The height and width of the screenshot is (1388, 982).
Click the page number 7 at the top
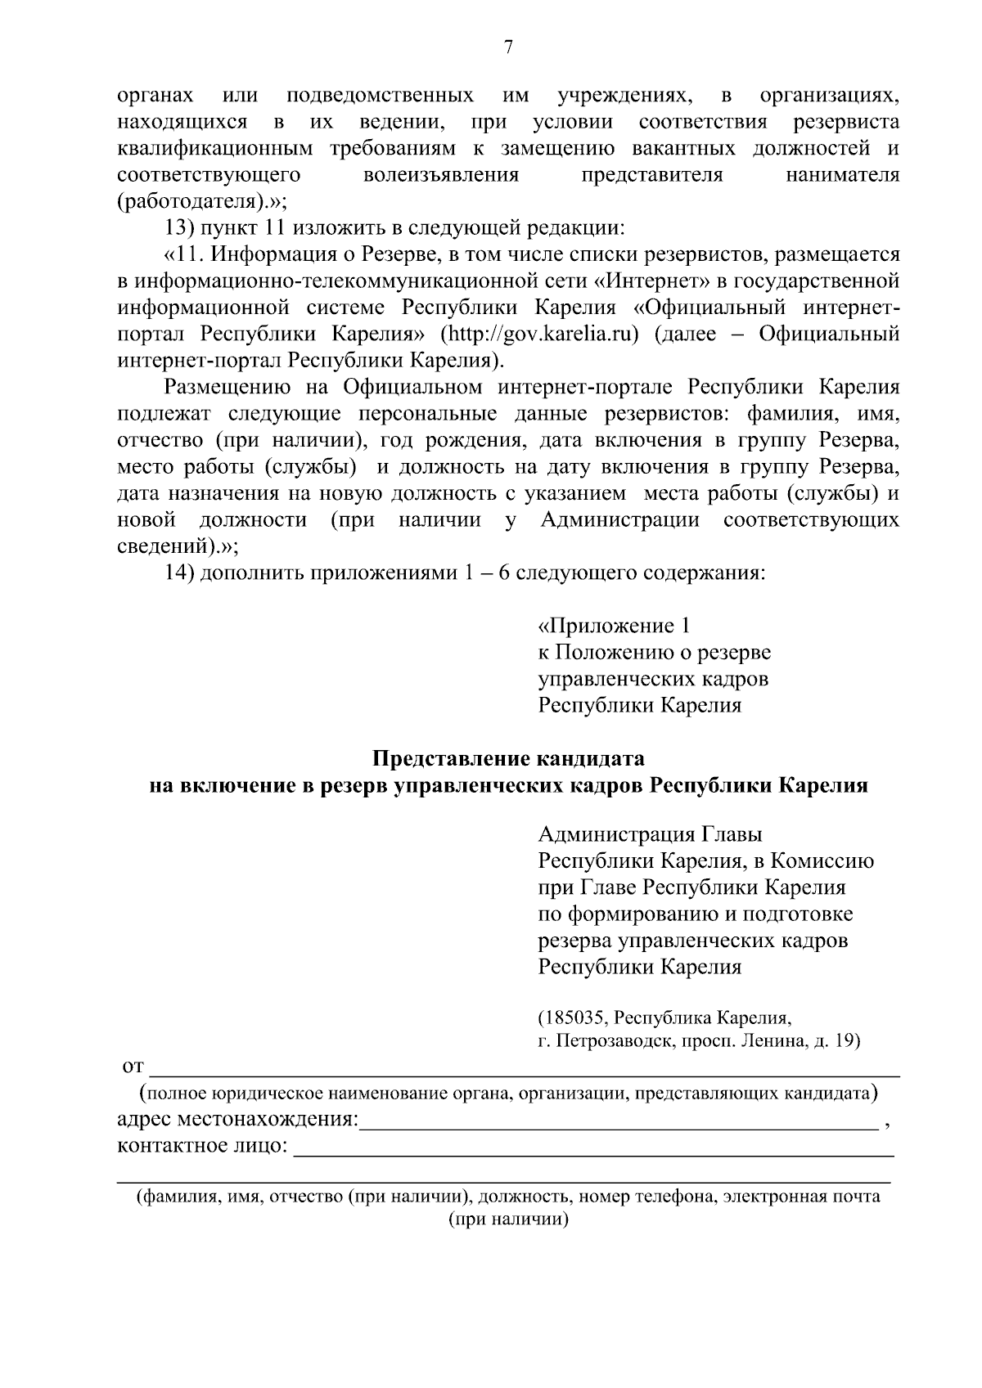(507, 47)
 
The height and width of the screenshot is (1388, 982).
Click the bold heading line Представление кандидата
(508, 758)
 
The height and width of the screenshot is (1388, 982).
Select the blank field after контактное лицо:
(593, 1148)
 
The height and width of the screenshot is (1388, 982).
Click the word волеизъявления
(441, 175)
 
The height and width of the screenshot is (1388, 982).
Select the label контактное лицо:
(202, 1145)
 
